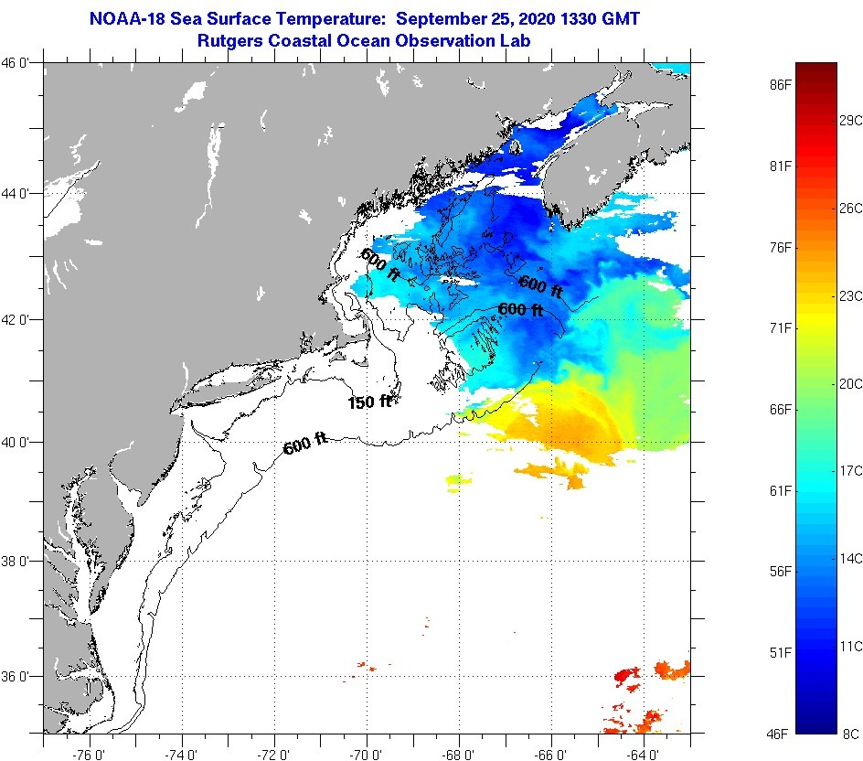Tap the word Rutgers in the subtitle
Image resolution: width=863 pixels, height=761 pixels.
click(230, 41)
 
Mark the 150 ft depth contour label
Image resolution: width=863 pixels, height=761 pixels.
click(369, 402)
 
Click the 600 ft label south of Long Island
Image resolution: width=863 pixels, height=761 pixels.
click(305, 446)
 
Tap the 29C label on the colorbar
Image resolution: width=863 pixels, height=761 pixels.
click(851, 121)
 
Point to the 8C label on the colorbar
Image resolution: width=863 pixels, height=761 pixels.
click(849, 733)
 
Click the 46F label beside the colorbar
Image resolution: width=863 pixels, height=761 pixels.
click(780, 733)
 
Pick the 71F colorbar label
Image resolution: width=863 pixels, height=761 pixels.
click(780, 327)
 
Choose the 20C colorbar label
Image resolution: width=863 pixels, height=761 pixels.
click(851, 384)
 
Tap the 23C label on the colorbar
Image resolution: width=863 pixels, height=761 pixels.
click(851, 295)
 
